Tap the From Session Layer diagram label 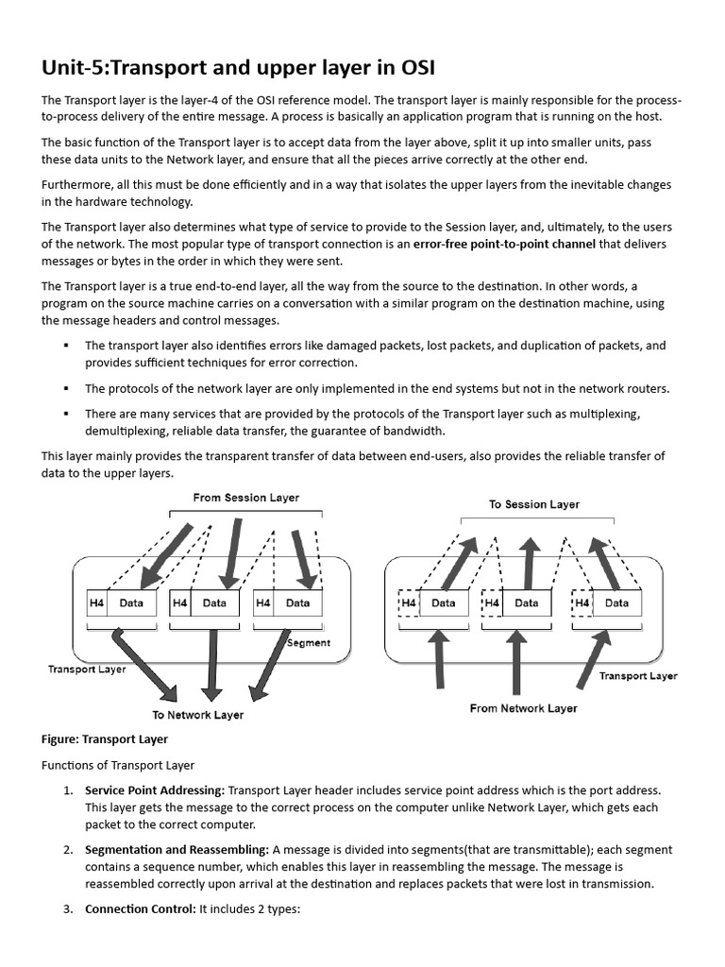pyautogui.click(x=245, y=498)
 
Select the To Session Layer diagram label pyautogui.click(x=533, y=504)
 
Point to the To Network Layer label pyautogui.click(x=198, y=715)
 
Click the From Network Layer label pyautogui.click(x=523, y=708)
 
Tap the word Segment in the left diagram pyautogui.click(x=308, y=643)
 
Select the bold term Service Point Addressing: pyautogui.click(x=155, y=790)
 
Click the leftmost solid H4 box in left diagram pyautogui.click(x=97, y=602)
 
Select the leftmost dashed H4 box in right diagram pyautogui.click(x=408, y=602)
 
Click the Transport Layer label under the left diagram pyautogui.click(x=87, y=670)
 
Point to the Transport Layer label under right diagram pyautogui.click(x=638, y=676)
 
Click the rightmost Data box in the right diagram pyautogui.click(x=616, y=602)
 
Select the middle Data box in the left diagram pyautogui.click(x=214, y=602)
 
